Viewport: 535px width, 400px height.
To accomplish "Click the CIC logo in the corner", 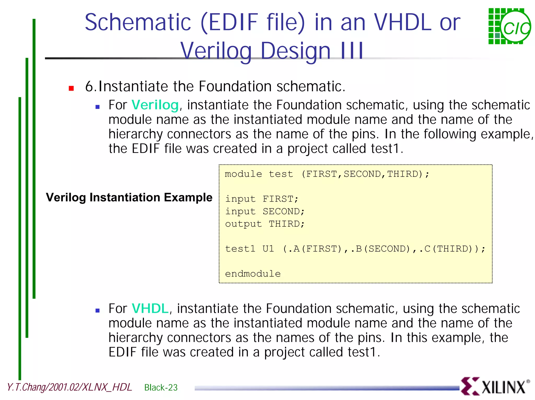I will pyautogui.click(x=509, y=26).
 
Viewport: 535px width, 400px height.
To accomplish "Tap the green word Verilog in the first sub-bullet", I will pyautogui.click(x=155, y=105).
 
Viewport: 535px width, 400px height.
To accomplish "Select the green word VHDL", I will pyautogui.click(x=150, y=308).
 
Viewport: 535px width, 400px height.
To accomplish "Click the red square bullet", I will pyautogui.click(x=71, y=88).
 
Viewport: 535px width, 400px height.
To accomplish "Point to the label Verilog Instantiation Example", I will pyautogui.click(x=129, y=197).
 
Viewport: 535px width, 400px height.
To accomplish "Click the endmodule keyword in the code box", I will pyautogui.click(x=253, y=274).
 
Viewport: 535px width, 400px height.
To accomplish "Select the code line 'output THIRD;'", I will pyautogui.click(x=265, y=224).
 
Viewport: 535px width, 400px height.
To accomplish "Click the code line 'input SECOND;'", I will pyautogui.click(x=265, y=211).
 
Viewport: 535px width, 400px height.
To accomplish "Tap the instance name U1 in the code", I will pyautogui.click(x=268, y=249).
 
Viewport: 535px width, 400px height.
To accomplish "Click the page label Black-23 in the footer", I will pyautogui.click(x=161, y=387).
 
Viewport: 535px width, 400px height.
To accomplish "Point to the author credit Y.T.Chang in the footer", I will pyautogui.click(x=69, y=387).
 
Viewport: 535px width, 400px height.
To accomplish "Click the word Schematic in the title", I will pyautogui.click(x=138, y=22).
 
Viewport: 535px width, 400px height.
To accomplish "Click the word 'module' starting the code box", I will pyautogui.click(x=243, y=174).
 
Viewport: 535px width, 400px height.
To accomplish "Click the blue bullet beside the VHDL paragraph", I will pyautogui.click(x=98, y=311).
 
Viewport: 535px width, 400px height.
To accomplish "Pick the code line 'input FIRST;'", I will pyautogui.click(x=261, y=199).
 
